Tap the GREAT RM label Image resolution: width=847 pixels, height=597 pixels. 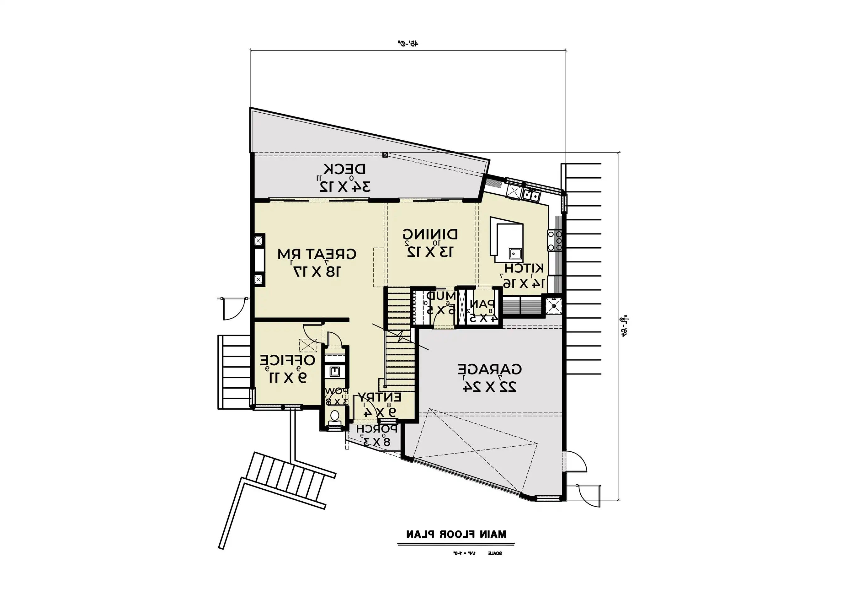pos(317,254)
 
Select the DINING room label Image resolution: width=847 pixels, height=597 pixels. pos(430,234)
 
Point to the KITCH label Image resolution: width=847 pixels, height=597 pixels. pos(524,268)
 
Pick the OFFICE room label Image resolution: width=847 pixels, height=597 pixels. pos(288,360)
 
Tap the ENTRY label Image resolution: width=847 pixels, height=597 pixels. pos(379,397)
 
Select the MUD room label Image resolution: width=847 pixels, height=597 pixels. pos(441,296)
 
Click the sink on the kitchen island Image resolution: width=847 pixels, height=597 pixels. pos(515,253)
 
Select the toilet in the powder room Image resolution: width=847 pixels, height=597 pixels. pos(335,417)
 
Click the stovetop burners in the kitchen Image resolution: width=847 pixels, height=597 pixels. pos(555,240)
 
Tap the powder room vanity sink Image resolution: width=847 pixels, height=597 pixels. pos(335,371)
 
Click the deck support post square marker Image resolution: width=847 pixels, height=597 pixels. pos(385,155)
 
